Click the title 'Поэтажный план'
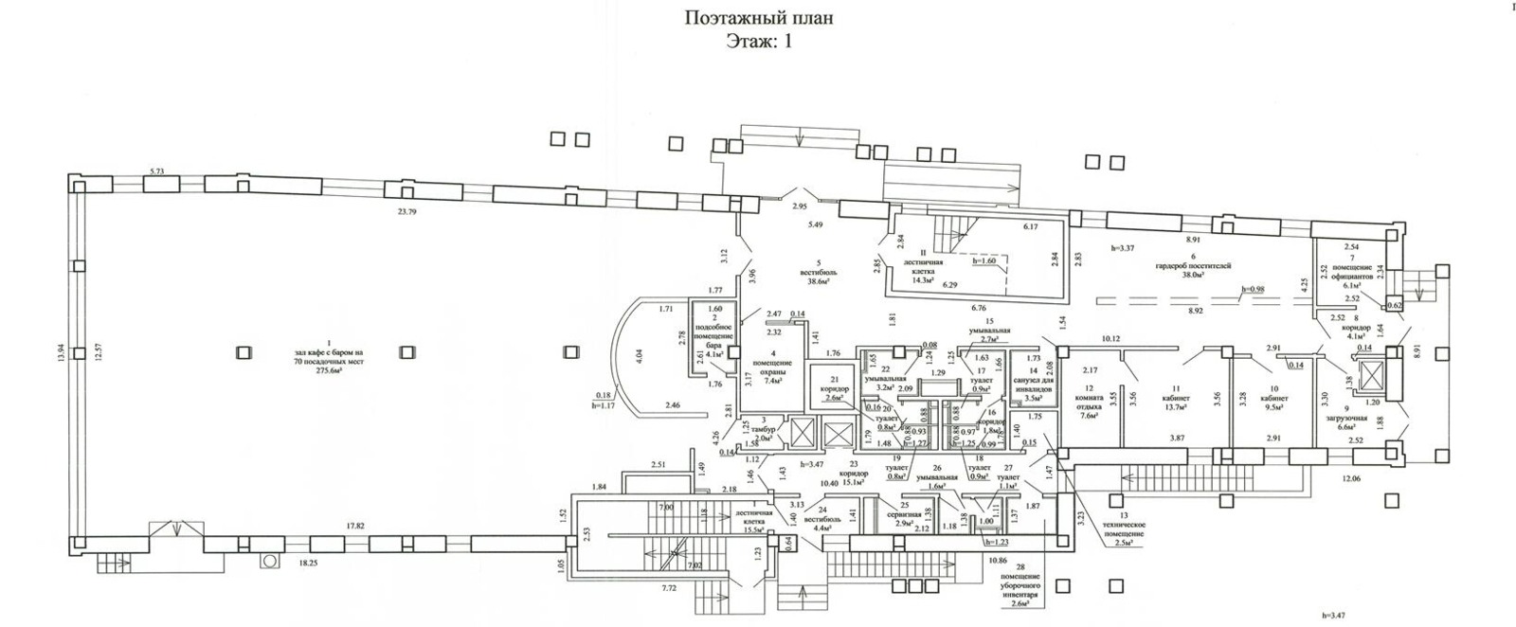pos(759,18)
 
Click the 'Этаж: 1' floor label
pos(758,41)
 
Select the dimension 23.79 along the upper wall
pos(406,212)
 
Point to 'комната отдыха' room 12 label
pos(1089,402)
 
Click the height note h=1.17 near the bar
pos(603,406)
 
